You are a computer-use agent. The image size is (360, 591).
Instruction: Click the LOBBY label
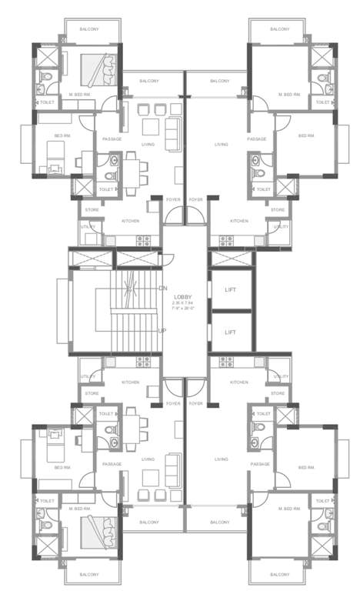point(183,297)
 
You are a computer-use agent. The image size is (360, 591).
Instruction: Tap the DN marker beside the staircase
point(162,288)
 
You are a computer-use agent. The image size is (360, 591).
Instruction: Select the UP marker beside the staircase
point(162,331)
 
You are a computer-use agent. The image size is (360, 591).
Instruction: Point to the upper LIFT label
point(230,290)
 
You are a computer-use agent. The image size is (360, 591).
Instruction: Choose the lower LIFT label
point(230,332)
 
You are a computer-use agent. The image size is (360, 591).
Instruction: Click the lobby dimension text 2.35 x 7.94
point(183,303)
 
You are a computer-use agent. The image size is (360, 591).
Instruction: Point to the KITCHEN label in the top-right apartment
point(239,222)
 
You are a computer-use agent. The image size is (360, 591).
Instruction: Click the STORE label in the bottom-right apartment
point(278,393)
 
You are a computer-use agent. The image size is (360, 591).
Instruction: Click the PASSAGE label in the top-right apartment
point(257,139)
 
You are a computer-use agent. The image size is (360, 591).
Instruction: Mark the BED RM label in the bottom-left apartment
point(62,467)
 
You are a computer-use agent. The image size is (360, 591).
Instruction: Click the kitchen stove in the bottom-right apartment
point(226,364)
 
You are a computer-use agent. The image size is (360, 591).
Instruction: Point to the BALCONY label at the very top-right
point(279,29)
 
